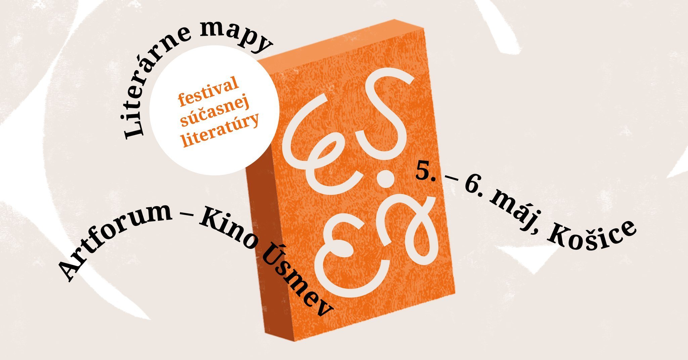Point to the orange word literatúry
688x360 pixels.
click(220, 131)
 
